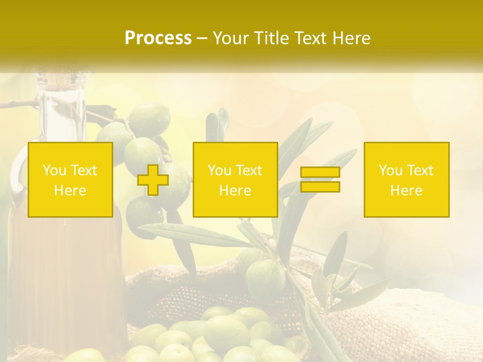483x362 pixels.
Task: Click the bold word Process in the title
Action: [x=158, y=38]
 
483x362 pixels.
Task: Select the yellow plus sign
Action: [x=153, y=180]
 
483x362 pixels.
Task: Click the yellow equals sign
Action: [x=320, y=179]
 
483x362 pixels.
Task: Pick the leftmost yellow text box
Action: [x=70, y=179]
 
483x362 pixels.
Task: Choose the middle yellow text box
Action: [x=235, y=179]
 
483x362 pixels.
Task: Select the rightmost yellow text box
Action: [x=407, y=179]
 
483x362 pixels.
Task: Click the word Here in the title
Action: [x=351, y=38]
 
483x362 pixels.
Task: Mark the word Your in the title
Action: [x=230, y=38]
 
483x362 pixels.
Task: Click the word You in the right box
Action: [x=390, y=170]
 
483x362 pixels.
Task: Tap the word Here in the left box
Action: [x=70, y=191]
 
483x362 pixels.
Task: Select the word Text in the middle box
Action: [x=249, y=170]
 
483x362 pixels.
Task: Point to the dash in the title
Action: [x=202, y=39]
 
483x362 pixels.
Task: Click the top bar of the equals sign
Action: [x=320, y=172]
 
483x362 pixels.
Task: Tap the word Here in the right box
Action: [x=407, y=191]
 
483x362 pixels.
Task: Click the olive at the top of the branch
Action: [x=149, y=119]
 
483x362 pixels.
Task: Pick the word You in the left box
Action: [x=54, y=170]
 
